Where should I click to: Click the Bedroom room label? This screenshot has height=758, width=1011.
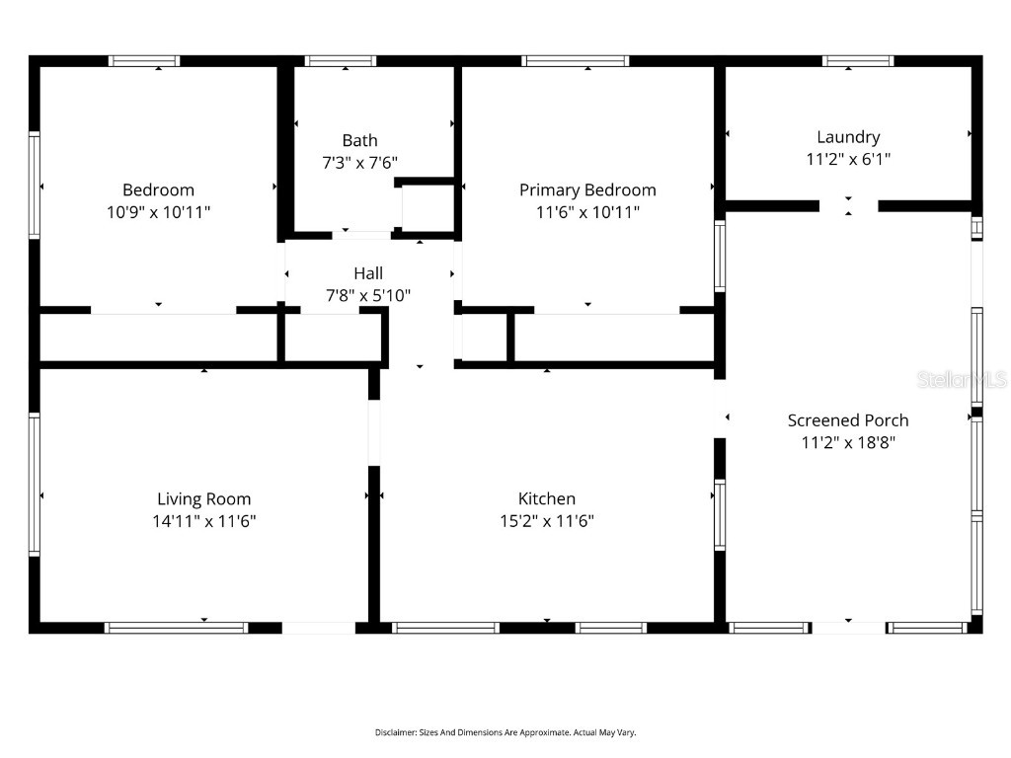coord(158,189)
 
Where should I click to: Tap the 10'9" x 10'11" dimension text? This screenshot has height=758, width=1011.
coord(158,212)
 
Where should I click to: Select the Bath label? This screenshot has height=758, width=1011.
coord(359,140)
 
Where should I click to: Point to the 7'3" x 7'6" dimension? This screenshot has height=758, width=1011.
coord(359,163)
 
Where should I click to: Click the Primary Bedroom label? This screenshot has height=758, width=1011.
coord(587,189)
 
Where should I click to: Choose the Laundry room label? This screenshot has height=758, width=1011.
coord(848,137)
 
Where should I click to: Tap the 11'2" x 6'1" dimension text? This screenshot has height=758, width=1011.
coord(848,159)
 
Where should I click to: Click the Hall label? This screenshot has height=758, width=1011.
coord(368,272)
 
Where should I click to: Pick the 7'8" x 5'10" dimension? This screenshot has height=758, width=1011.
coord(368,295)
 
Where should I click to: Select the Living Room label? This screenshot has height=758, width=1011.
coord(204,498)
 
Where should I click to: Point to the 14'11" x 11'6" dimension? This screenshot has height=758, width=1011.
coord(204,521)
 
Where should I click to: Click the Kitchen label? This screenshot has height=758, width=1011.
coord(547,498)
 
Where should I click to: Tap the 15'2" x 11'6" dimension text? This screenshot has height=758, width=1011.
coord(547,521)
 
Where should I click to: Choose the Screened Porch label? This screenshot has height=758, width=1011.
coord(848,419)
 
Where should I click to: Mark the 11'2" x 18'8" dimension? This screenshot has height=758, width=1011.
coord(848,442)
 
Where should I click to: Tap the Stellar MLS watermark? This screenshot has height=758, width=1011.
coord(961,379)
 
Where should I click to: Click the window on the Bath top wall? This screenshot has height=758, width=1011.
coord(341,61)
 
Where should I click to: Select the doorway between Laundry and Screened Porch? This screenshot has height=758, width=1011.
coord(849,206)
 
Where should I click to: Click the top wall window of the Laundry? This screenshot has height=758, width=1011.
coord(858,61)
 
